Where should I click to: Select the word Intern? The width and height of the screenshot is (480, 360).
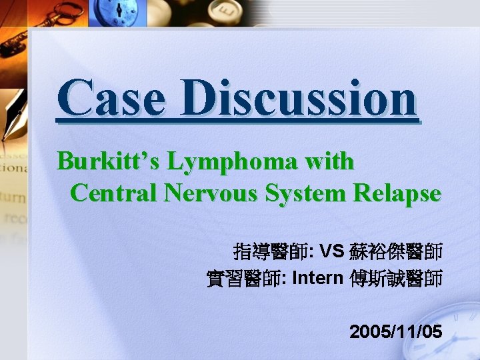[x=317, y=278]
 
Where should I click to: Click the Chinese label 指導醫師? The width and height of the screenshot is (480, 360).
[x=269, y=251]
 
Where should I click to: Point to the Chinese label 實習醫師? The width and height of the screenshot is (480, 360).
[x=243, y=278]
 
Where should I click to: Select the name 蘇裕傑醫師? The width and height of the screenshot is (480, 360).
[x=395, y=251]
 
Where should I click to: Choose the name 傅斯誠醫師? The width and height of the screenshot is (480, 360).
[x=395, y=278]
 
